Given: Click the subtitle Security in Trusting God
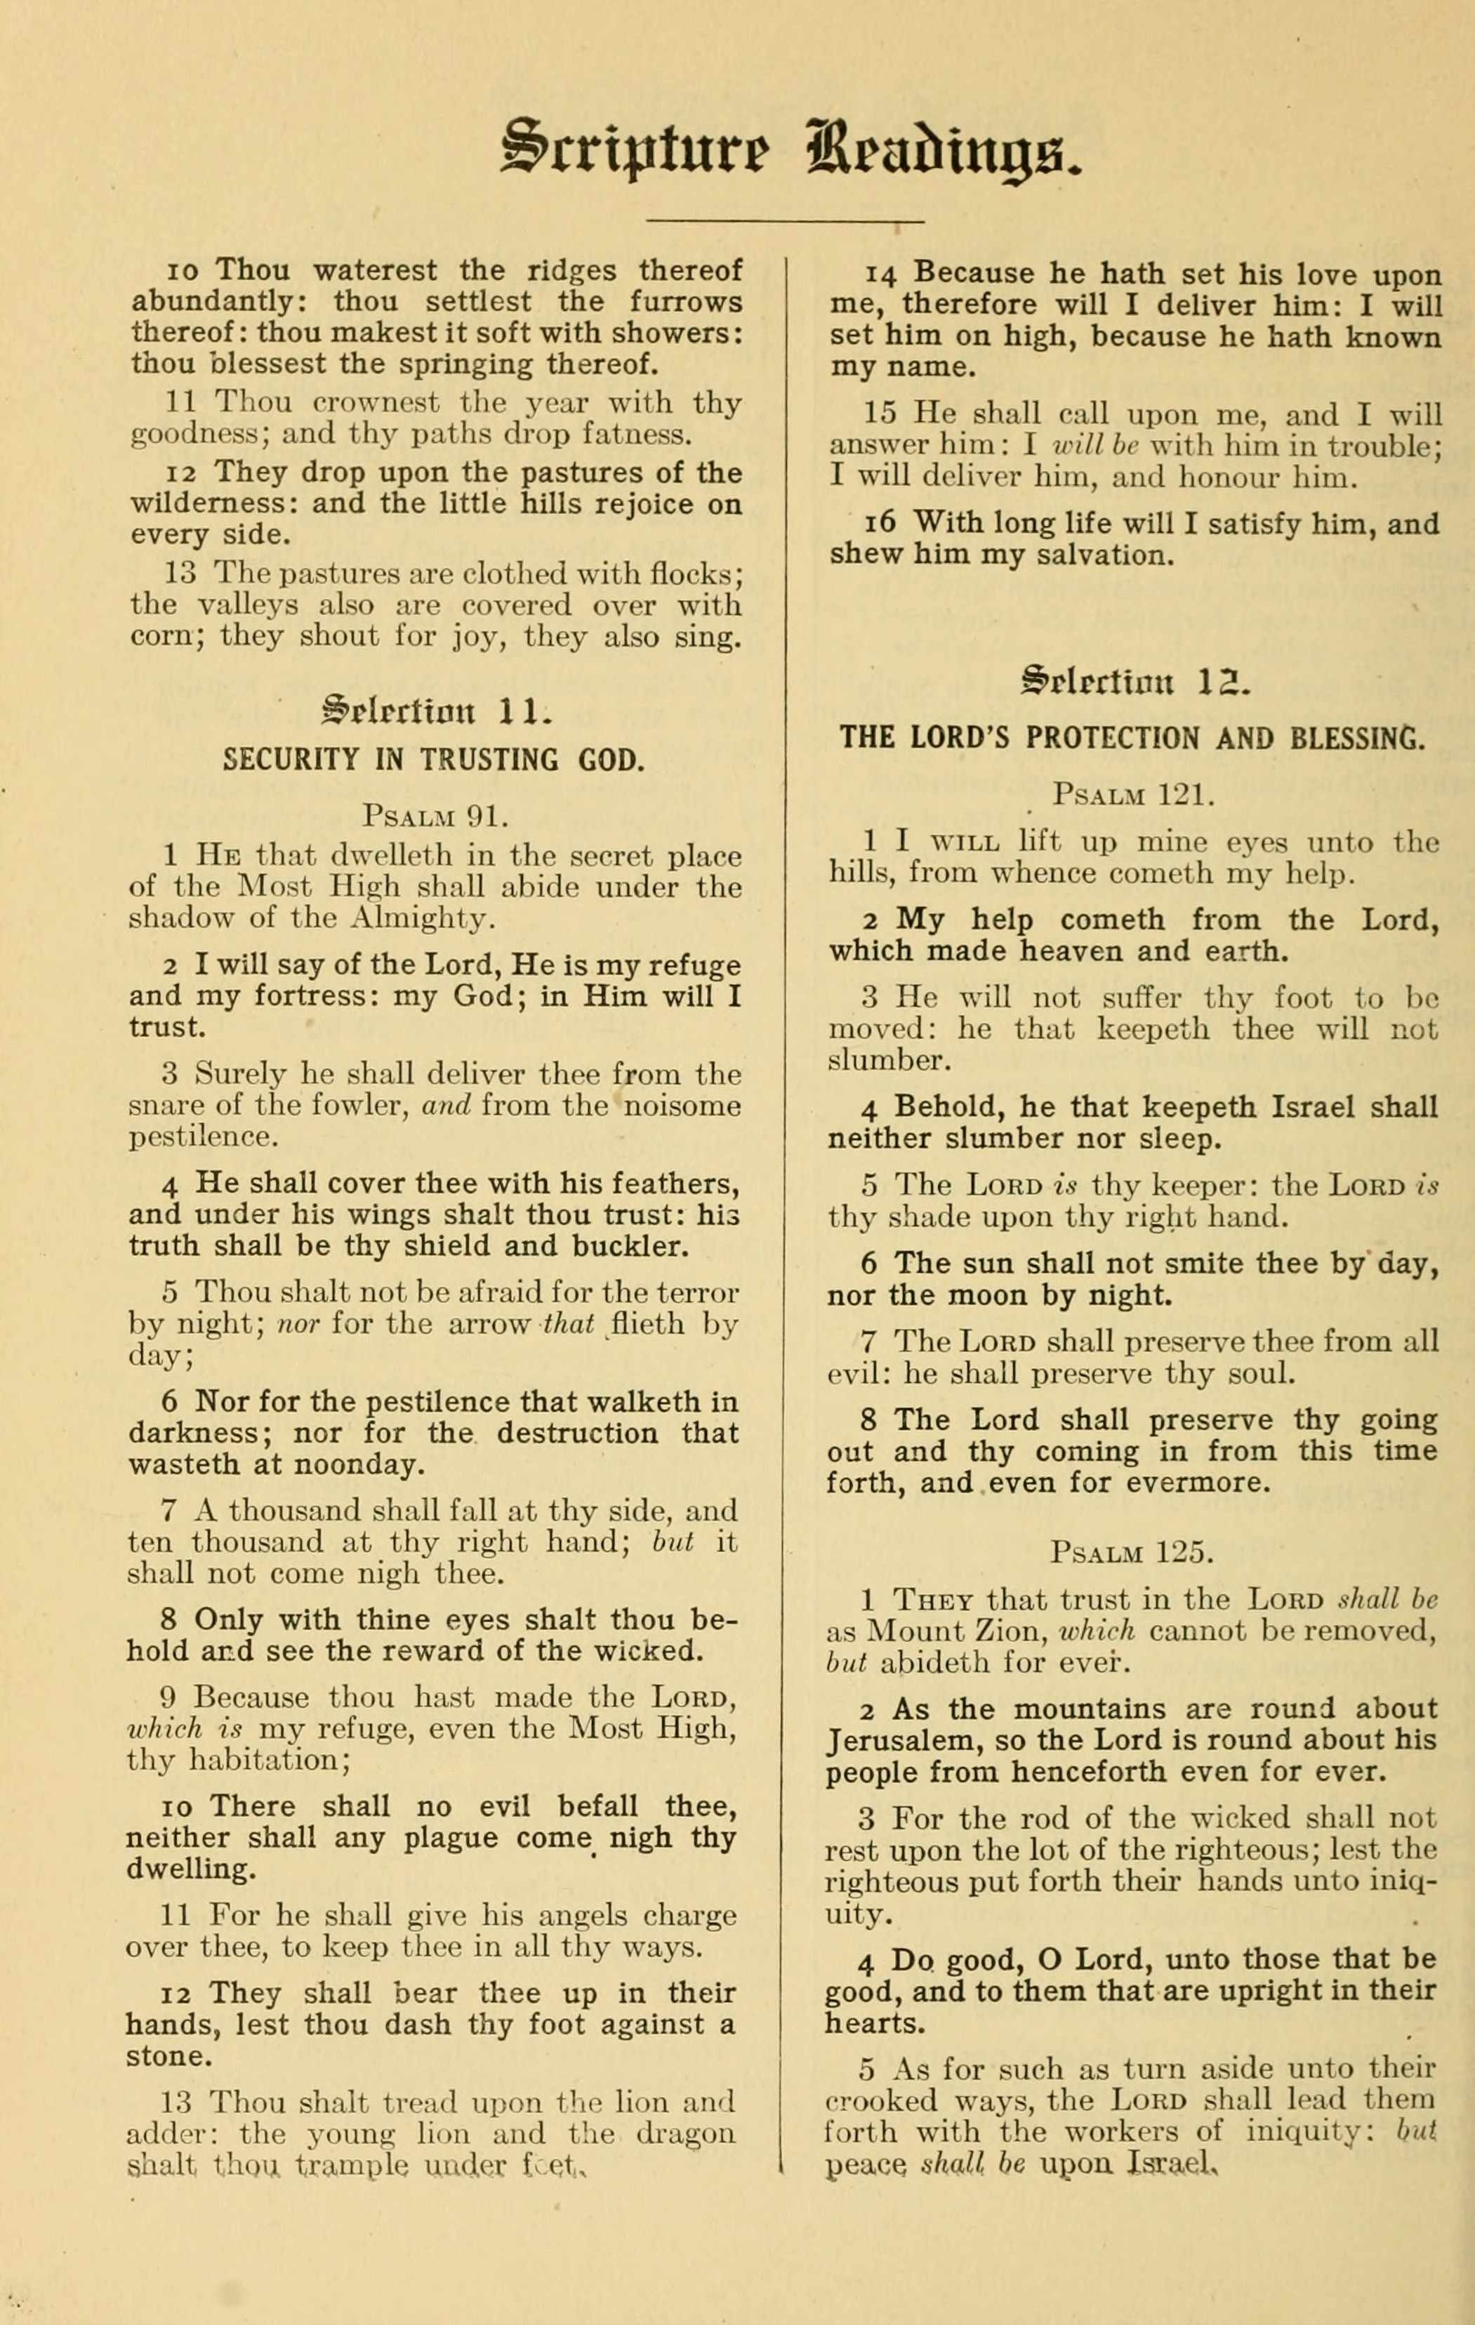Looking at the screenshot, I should [433, 759].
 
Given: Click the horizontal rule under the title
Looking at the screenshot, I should [785, 221].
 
